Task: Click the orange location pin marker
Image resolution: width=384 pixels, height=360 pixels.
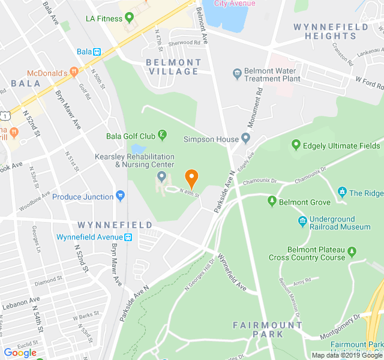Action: pyautogui.click(x=191, y=178)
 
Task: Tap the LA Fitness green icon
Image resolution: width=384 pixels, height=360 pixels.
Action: pyautogui.click(x=128, y=18)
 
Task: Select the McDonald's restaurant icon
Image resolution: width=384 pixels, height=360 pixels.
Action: pyautogui.click(x=74, y=73)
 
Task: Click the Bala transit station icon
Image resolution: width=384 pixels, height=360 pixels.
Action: pyautogui.click(x=97, y=52)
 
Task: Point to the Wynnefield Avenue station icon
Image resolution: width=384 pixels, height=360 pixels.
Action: pyautogui.click(x=128, y=237)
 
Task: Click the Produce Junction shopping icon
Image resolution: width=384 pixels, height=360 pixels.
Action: pyautogui.click(x=121, y=196)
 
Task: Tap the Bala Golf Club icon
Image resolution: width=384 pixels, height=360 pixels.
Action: pyautogui.click(x=162, y=136)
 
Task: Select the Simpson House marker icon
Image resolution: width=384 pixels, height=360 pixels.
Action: pyautogui.click(x=245, y=139)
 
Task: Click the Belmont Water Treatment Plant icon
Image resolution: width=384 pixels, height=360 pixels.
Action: pyautogui.click(x=237, y=73)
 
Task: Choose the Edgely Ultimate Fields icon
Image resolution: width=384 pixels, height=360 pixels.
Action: pyautogui.click(x=295, y=145)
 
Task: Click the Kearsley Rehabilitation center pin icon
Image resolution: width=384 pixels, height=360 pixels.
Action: pyautogui.click(x=161, y=176)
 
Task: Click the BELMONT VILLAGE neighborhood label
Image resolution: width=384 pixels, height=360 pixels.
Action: pyautogui.click(x=173, y=67)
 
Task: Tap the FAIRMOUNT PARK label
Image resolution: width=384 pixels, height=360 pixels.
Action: pyautogui.click(x=268, y=329)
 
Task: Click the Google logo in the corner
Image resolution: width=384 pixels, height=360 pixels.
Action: pyautogui.click(x=20, y=353)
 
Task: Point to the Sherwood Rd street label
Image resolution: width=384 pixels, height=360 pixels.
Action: pyautogui.click(x=184, y=43)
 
